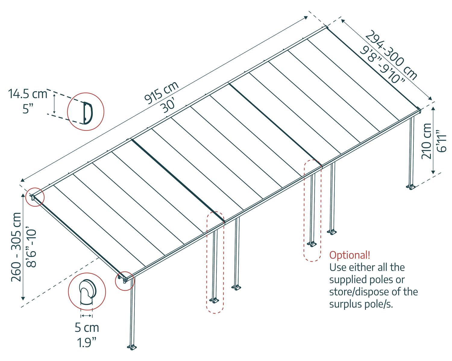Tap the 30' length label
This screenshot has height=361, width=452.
169,106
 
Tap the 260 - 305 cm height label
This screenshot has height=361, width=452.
16,247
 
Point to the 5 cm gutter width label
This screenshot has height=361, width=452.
87,328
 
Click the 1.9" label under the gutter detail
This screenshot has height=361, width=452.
87,342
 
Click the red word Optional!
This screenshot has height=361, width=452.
350,255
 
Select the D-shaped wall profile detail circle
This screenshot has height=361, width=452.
86,112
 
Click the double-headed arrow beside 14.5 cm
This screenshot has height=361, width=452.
54,103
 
